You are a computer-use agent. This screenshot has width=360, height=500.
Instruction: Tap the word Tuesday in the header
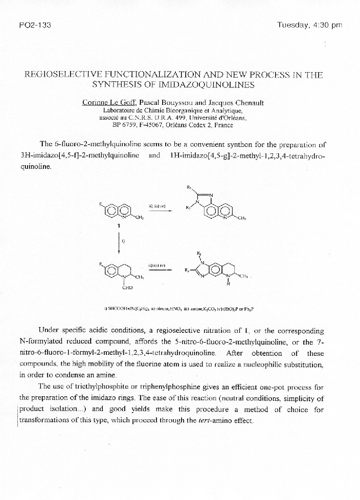(x=293, y=25)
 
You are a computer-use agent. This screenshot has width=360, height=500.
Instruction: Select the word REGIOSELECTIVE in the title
(x=64, y=75)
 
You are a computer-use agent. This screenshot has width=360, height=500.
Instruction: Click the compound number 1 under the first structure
(x=119, y=225)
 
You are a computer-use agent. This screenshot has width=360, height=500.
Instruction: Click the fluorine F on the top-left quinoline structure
(x=101, y=204)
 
